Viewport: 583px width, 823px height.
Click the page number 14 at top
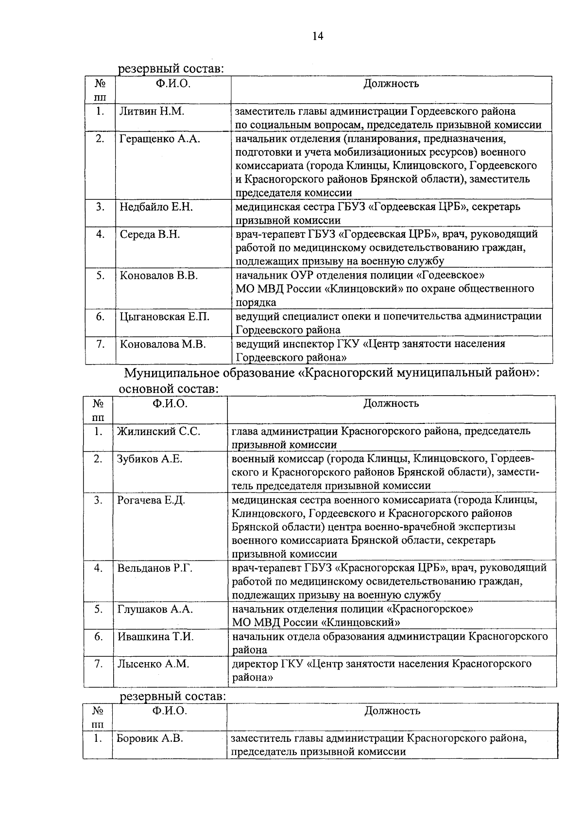[x=318, y=36]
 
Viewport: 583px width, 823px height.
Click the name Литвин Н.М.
[x=152, y=111]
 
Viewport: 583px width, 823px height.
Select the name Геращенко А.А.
[x=160, y=139]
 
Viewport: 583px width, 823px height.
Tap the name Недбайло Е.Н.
[x=156, y=207]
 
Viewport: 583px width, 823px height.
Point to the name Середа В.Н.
[x=150, y=235]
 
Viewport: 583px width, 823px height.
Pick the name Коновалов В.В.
[x=159, y=276]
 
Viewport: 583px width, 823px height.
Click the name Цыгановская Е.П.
[x=165, y=317]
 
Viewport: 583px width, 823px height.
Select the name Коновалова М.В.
[x=163, y=344]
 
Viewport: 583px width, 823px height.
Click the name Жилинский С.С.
[x=158, y=431]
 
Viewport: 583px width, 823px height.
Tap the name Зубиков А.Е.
[x=150, y=459]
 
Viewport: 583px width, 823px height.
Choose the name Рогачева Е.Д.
[x=151, y=500]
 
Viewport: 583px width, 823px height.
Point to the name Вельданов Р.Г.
[x=155, y=568]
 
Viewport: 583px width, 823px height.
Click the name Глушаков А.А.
[x=155, y=609]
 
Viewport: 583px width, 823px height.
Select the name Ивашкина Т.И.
[x=155, y=637]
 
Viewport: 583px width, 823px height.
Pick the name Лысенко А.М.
[x=153, y=664]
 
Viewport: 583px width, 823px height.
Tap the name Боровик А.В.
[x=150, y=738]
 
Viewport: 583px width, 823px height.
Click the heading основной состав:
[x=168, y=389]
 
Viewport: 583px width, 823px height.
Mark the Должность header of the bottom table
[x=392, y=711]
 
